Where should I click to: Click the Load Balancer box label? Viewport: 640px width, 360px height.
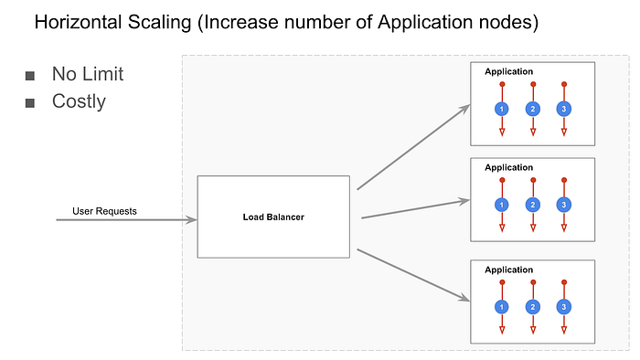(273, 217)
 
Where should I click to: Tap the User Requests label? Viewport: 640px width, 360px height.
(104, 211)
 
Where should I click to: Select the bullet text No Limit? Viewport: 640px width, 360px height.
(87, 74)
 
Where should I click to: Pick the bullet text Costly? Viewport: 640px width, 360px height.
(79, 101)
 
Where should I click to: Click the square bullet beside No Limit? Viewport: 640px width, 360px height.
(30, 75)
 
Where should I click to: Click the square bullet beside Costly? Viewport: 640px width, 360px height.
(30, 101)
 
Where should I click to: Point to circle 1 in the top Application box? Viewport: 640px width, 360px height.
(501, 109)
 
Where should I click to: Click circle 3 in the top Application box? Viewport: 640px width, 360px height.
(564, 109)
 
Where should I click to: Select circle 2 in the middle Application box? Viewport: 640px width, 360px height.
(533, 204)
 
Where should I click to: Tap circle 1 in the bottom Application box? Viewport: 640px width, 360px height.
(501, 307)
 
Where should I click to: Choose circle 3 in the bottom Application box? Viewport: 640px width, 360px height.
(564, 307)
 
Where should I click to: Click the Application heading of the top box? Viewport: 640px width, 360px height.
(508, 71)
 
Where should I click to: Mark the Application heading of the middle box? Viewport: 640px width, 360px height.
(508, 167)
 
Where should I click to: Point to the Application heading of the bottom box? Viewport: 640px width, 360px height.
(508, 270)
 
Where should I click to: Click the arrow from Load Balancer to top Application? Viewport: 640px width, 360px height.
(413, 146)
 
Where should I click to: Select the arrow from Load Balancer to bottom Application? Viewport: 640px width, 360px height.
(413, 275)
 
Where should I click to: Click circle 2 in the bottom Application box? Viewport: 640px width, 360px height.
(533, 307)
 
